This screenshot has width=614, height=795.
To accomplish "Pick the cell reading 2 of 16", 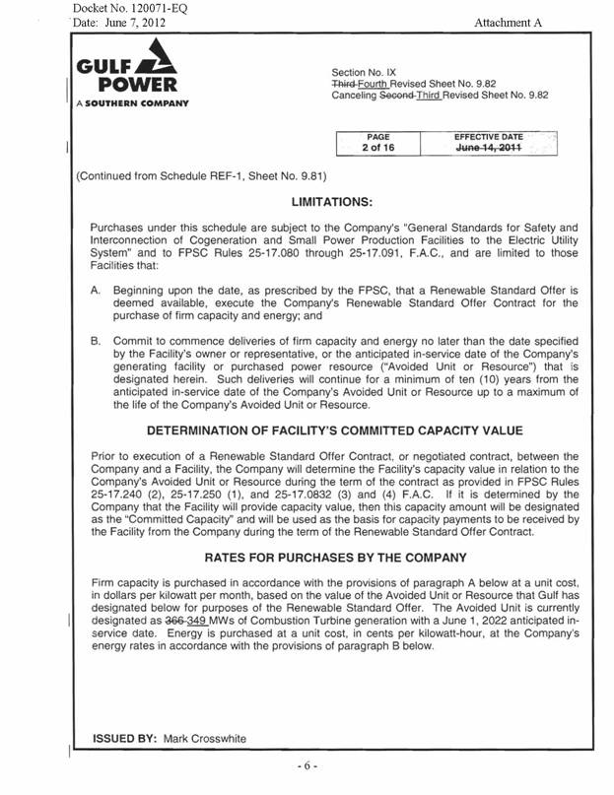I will coord(378,148).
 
